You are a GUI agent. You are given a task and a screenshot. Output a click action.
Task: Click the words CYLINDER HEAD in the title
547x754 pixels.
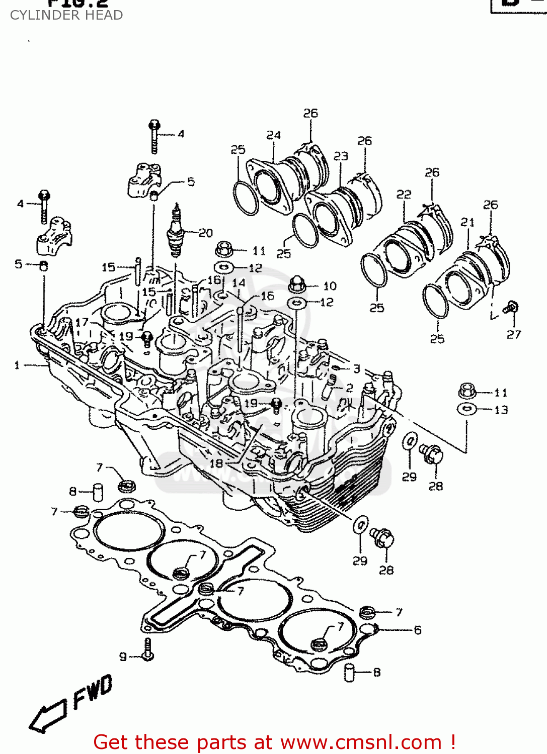[66, 15]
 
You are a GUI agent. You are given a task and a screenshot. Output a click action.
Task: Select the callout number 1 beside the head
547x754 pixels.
[17, 365]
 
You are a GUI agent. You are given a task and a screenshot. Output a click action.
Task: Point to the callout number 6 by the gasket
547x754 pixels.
[418, 630]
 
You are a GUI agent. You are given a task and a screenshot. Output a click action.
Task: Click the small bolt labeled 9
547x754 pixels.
[147, 650]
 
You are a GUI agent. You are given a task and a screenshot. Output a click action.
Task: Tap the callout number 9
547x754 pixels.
[123, 656]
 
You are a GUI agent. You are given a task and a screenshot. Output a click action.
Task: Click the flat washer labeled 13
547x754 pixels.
[467, 409]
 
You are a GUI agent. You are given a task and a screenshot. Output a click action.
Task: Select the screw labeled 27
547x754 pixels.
[512, 308]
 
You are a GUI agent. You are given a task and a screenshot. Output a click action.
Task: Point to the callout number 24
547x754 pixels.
[273, 135]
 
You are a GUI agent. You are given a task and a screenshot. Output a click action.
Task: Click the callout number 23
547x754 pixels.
[341, 156]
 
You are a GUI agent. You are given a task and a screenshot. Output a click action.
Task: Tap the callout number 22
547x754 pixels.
[404, 194]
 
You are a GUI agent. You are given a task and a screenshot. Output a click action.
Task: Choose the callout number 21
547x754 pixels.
[467, 222]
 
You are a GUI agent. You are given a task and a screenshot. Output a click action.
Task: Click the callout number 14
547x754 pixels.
[239, 283]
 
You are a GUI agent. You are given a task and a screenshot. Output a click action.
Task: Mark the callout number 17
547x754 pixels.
[82, 322]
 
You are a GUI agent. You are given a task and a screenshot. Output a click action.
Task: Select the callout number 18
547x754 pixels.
[216, 463]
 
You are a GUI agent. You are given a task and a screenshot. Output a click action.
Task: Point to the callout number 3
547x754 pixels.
[356, 369]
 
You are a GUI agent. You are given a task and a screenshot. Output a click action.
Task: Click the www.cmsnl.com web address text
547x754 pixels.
[361, 742]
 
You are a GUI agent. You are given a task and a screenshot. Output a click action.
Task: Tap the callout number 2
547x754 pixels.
[349, 388]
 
